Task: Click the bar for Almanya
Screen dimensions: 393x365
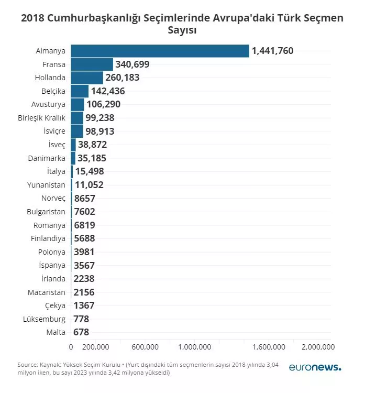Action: coord(160,51)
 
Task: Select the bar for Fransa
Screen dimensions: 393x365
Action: coord(92,64)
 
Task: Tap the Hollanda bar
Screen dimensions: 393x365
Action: coord(87,78)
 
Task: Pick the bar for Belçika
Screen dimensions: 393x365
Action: coord(80,91)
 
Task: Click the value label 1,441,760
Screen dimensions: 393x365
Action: coord(272,51)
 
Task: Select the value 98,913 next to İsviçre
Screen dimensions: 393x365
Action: coord(99,131)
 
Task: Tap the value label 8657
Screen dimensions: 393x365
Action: coord(84,199)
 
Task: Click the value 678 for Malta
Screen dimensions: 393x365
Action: coord(81,332)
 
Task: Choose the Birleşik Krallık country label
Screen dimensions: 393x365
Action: coord(42,118)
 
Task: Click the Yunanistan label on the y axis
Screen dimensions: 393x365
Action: coord(46,185)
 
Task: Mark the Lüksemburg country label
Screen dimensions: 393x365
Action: coord(45,319)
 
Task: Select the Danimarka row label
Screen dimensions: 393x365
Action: coord(47,158)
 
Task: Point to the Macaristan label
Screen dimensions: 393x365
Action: coord(47,292)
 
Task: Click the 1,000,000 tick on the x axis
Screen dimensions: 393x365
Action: coord(194,347)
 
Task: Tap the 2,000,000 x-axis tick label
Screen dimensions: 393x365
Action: coord(318,347)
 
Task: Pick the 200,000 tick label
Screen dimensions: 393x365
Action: coord(96,347)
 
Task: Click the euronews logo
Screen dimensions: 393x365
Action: coord(315,367)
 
